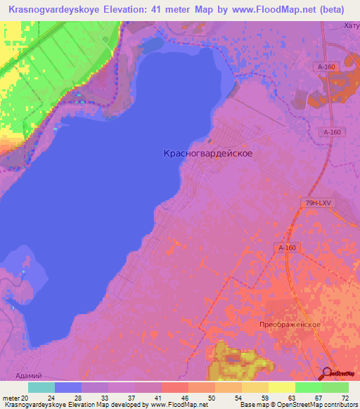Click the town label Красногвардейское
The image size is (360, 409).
pyautogui.click(x=208, y=152)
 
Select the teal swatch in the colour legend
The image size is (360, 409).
pyautogui.click(x=41, y=387)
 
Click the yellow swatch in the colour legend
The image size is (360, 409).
pyautogui.click(x=281, y=387)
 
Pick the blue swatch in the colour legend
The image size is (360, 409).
pyautogui.click(x=67, y=387)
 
